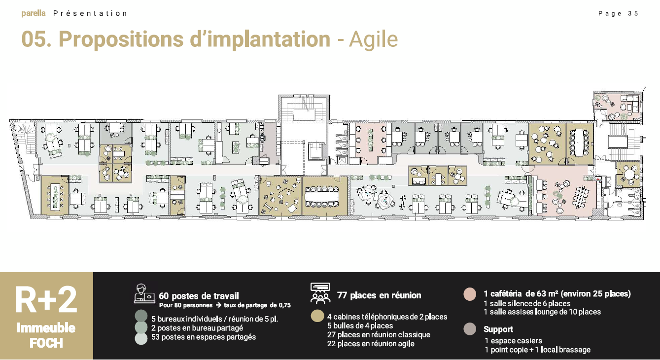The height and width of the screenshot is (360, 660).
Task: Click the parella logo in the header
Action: [34, 13]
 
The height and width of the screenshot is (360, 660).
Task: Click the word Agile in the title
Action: [373, 39]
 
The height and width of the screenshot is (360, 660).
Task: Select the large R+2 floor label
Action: [46, 300]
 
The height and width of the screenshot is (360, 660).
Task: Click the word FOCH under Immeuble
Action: [46, 343]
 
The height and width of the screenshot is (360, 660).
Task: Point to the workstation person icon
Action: [144, 293]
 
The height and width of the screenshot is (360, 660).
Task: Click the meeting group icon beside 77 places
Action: [320, 293]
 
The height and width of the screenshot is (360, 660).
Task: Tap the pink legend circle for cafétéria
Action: [470, 294]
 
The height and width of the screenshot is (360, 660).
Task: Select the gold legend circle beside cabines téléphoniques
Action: [317, 316]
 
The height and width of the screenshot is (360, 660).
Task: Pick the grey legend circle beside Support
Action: [470, 329]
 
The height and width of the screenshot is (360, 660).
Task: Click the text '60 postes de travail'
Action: [199, 296]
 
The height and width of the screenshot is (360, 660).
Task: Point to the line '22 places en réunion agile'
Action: [371, 344]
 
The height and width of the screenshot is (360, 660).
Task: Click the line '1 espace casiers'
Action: [513, 341]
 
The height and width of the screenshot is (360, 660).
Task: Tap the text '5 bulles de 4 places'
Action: [360, 325]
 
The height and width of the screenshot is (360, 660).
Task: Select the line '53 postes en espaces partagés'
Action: [204, 337]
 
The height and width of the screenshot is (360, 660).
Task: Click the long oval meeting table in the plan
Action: [322, 196]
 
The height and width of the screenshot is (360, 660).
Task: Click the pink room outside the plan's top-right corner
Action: [618, 107]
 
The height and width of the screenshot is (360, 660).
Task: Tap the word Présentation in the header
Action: [90, 14]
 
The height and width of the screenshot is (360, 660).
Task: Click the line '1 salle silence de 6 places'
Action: [527, 303]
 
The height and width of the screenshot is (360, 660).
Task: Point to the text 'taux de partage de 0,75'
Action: [257, 305]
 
